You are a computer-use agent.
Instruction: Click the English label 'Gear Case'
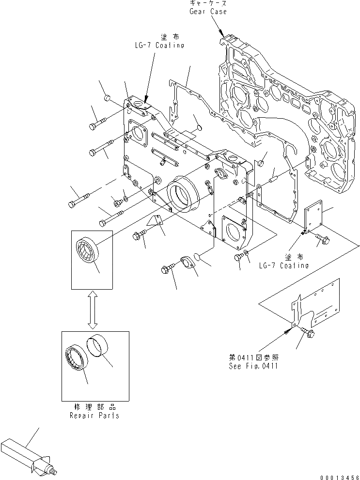tap(208, 11)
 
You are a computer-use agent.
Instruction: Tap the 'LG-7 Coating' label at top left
tap(159, 45)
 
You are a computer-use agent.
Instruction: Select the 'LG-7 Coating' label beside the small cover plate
tap(283, 265)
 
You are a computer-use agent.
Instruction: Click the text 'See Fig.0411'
tap(253, 366)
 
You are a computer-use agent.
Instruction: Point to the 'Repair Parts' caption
tap(95, 415)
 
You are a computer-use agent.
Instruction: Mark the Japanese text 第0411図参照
tap(254, 358)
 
